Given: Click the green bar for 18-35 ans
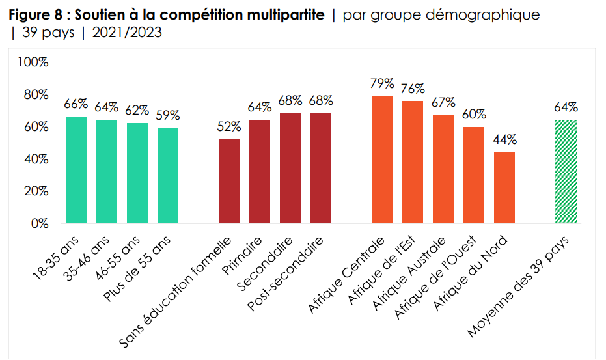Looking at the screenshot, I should [x=76, y=169].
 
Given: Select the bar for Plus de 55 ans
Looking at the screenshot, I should [x=168, y=175].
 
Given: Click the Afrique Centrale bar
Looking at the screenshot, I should [x=382, y=159].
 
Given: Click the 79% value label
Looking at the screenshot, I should [x=382, y=83].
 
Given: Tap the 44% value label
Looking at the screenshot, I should [x=504, y=139].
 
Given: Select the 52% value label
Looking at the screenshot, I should [x=229, y=127].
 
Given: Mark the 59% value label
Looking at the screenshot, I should [x=168, y=115].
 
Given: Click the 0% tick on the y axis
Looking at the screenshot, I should [x=40, y=223].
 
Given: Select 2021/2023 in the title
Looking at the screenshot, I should [x=127, y=33].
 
